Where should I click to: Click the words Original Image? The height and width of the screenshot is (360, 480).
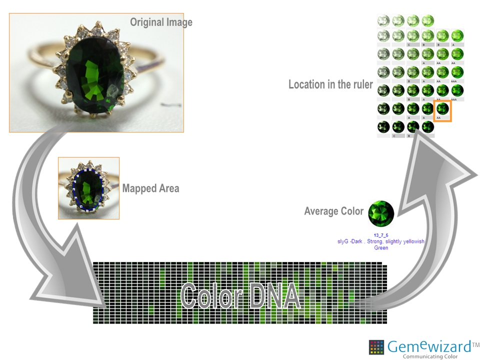tap(161, 22)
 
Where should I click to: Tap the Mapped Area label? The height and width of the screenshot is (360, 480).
tap(150, 188)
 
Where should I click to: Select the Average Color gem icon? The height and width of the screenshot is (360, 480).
tap(381, 214)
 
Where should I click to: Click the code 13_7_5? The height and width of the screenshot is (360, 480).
tap(381, 235)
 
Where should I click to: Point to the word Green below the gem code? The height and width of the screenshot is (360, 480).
tap(381, 247)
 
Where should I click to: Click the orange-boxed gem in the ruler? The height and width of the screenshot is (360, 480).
tap(442, 109)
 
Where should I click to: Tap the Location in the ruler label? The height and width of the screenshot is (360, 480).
tap(330, 84)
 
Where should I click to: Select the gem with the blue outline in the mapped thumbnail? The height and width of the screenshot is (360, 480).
tap(89, 189)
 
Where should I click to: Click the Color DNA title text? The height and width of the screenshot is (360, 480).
tap(240, 295)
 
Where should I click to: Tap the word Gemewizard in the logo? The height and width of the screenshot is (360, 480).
tap(429, 346)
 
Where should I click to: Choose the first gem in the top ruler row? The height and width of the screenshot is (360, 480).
tap(383, 21)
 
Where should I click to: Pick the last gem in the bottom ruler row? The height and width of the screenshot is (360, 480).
tap(427, 126)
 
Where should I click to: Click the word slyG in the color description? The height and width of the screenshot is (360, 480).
tap(343, 241)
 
